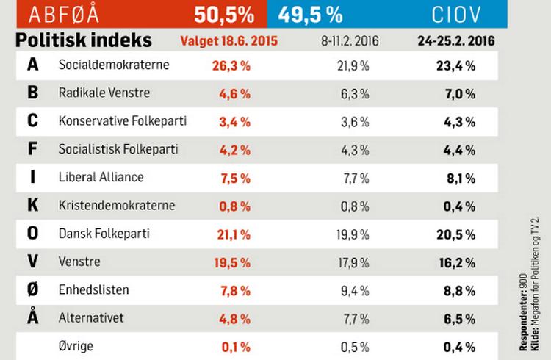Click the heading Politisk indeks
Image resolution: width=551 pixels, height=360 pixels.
[x=83, y=40]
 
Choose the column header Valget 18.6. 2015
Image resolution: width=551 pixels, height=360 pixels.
[x=229, y=40]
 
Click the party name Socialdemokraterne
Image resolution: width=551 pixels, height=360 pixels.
[x=114, y=65]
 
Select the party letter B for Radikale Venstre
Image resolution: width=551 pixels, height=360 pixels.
[x=32, y=93]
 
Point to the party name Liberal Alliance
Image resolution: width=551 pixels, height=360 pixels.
[x=101, y=177]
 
